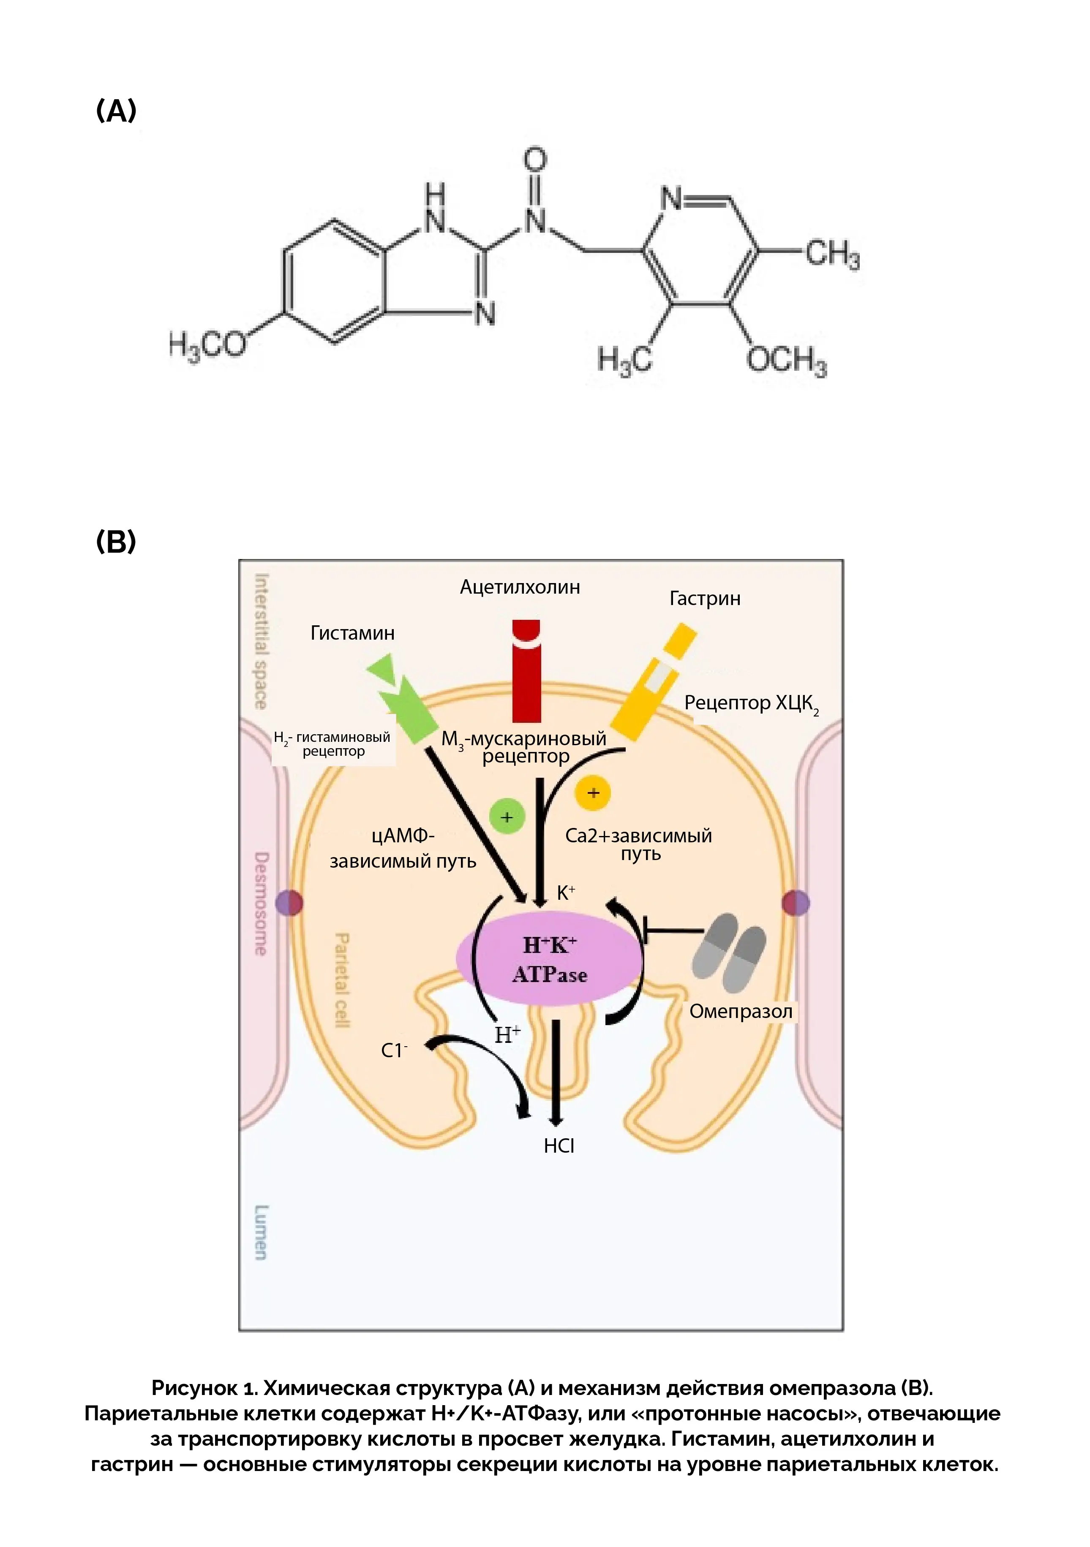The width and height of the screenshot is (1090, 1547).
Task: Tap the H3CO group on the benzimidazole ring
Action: click(207, 346)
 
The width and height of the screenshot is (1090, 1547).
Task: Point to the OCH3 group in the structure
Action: click(785, 360)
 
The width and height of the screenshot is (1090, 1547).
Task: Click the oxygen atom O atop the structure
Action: click(535, 160)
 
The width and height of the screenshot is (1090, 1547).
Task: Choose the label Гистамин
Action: click(352, 633)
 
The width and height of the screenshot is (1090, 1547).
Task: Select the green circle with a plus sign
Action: click(507, 817)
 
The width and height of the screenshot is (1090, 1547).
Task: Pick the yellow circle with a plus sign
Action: click(592, 793)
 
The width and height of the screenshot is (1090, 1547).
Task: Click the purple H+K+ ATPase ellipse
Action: click(549, 959)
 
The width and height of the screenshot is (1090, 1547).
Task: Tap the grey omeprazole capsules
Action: click(729, 951)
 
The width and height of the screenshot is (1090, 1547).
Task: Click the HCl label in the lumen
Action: click(559, 1146)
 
